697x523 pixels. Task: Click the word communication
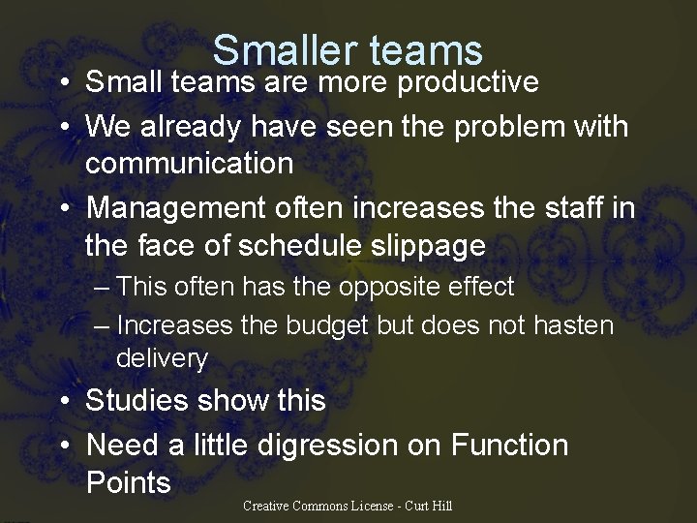189,163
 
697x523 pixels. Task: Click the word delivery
162,358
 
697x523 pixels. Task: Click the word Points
128,482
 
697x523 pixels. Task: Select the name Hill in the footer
440,506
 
